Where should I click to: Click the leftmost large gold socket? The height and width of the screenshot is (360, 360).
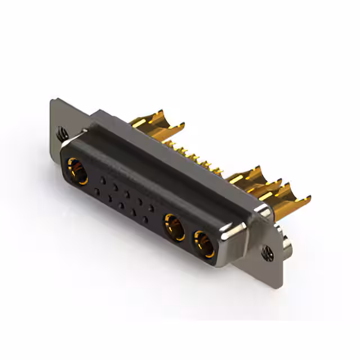pos(78,171)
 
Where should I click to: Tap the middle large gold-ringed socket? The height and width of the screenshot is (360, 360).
pos(173,227)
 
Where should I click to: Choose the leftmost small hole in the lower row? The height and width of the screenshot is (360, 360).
pos(97,192)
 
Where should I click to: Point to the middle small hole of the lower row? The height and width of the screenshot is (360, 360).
pos(121,206)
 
